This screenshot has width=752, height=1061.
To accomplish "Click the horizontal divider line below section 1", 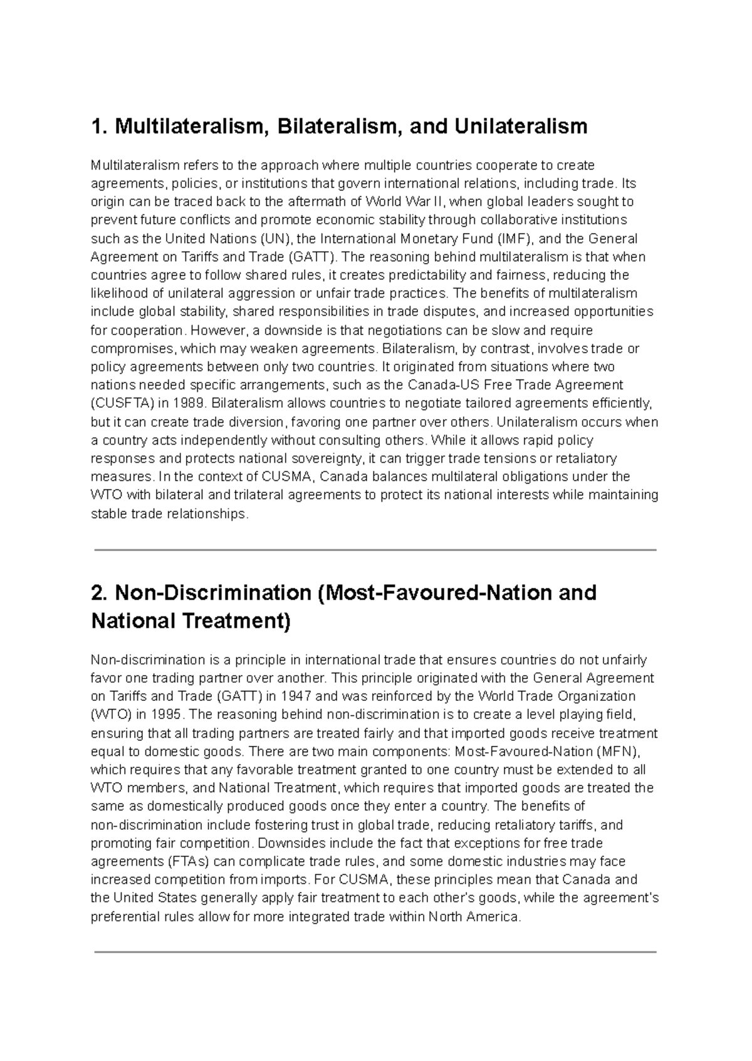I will (375, 550).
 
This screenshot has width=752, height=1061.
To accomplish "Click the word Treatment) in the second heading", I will (237, 621).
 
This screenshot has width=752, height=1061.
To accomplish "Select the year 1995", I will (167, 715).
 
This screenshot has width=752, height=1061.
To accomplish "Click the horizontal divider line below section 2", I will (375, 952).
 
